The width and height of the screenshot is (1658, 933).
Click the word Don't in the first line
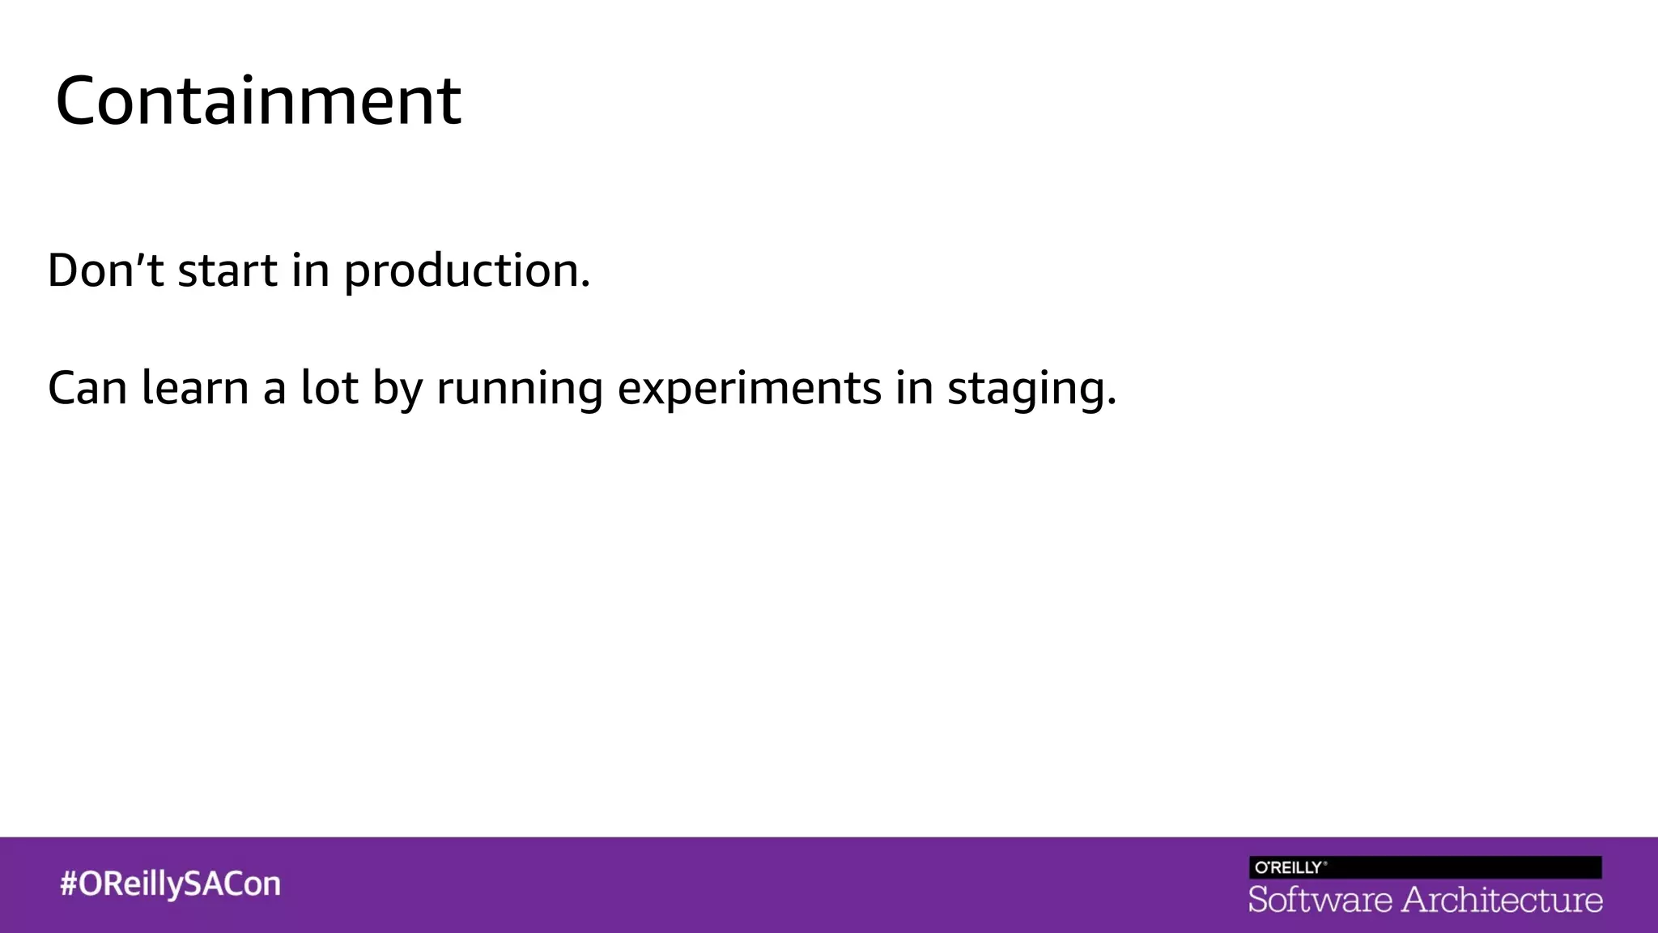click(106, 270)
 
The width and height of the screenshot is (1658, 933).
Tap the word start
click(227, 271)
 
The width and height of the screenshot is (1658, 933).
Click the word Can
click(87, 388)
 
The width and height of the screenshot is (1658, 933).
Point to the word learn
click(195, 387)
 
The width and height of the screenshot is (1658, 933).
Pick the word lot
click(329, 387)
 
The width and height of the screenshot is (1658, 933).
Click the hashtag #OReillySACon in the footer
click(170, 884)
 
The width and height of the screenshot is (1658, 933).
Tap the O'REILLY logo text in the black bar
click(1289, 867)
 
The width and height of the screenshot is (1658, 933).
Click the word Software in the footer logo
click(1320, 900)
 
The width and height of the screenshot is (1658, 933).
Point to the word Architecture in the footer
click(1502, 900)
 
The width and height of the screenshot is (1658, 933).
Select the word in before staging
click(914, 387)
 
